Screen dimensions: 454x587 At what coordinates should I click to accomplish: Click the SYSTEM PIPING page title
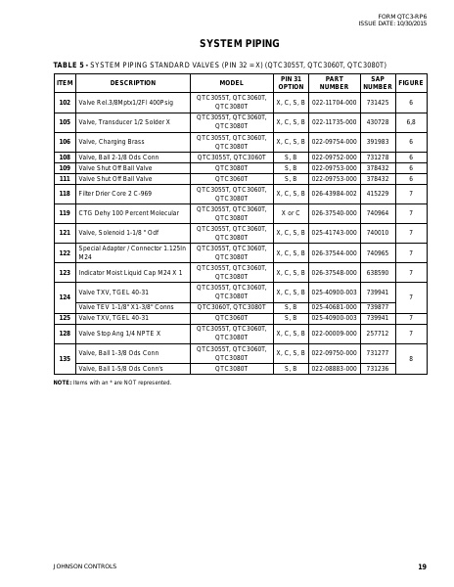pos(226,44)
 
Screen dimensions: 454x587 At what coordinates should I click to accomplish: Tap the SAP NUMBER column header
pos(377,82)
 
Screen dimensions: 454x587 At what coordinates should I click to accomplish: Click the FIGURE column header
pos(411,83)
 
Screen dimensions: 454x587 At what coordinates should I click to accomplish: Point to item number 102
pos(65,102)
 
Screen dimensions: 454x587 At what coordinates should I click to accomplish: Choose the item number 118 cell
pos(65,195)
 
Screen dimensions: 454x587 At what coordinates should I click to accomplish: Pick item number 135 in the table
pos(65,359)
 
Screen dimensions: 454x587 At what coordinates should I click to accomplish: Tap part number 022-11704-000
pos(334,102)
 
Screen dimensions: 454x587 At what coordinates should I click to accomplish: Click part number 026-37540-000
pos(334,212)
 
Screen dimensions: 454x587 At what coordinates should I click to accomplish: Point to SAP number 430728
pos(377,121)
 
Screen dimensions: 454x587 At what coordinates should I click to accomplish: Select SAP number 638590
pos(377,272)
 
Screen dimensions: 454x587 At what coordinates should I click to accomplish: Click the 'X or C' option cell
pos(291,212)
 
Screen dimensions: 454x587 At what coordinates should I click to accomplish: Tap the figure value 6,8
pos(411,121)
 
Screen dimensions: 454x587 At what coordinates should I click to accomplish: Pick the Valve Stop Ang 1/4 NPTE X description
pos(118,333)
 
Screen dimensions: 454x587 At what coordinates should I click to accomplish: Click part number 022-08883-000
pos(334,368)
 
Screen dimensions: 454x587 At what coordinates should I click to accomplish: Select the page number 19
pos(422,566)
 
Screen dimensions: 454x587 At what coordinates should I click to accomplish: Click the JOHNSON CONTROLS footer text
pos(84,566)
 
